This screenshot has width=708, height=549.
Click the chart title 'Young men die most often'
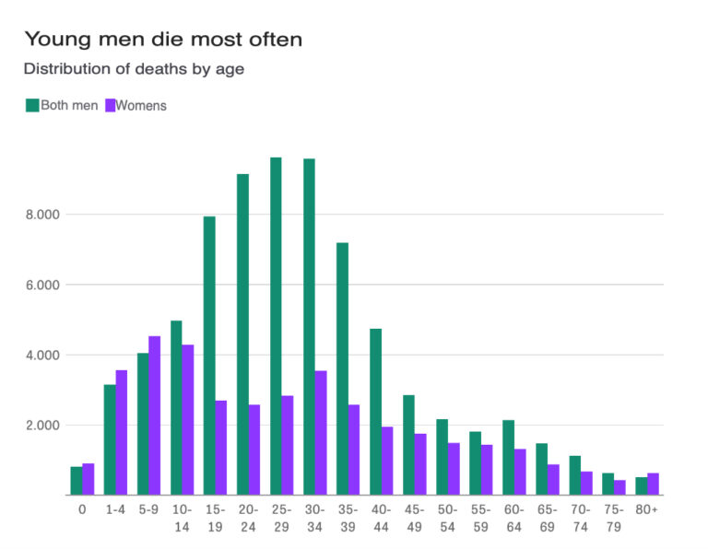tap(162, 40)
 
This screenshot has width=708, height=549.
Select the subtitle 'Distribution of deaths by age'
tap(134, 69)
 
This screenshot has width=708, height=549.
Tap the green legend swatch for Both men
tap(32, 105)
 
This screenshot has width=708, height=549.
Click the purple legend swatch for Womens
tap(109, 105)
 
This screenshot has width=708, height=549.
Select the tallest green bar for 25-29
tap(276, 326)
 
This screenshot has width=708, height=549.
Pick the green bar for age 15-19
tap(209, 356)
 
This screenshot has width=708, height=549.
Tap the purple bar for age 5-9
tap(155, 415)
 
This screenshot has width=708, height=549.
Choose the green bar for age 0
tap(77, 481)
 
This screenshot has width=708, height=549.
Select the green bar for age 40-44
tap(375, 412)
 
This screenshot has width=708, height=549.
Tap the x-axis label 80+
tap(647, 509)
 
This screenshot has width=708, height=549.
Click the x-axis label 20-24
tap(248, 518)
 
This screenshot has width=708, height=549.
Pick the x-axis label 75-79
tap(613, 518)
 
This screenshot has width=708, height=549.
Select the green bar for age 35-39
tap(342, 368)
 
